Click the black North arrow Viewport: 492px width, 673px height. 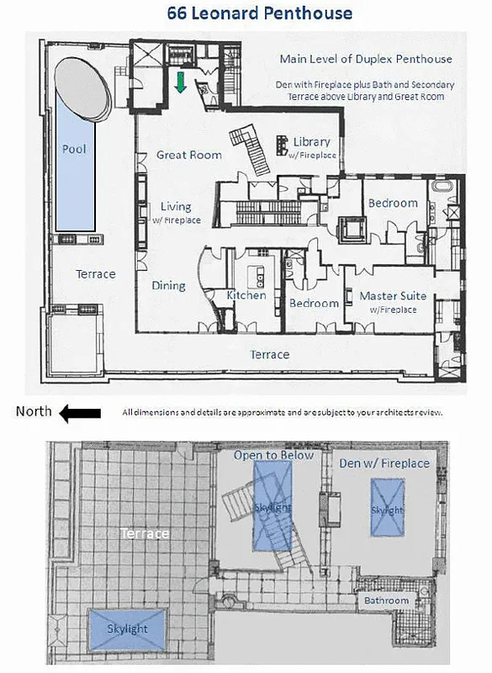click(81, 412)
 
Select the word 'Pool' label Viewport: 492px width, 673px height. click(74, 149)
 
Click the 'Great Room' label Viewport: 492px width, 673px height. click(189, 155)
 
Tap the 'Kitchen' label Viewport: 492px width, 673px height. click(246, 295)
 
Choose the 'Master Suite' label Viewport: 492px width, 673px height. click(393, 296)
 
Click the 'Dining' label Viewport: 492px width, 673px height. click(168, 285)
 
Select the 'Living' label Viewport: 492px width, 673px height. click(176, 207)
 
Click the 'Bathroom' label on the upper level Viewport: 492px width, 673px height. click(386, 601)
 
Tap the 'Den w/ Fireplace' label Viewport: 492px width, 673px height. click(389, 463)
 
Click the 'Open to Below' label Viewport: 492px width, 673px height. click(273, 455)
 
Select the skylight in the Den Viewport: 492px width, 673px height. click(388, 510)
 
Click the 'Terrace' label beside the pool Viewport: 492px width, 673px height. click(96, 274)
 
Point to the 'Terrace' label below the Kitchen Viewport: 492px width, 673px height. click(270, 355)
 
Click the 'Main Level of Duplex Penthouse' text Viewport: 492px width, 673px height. click(366, 59)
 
